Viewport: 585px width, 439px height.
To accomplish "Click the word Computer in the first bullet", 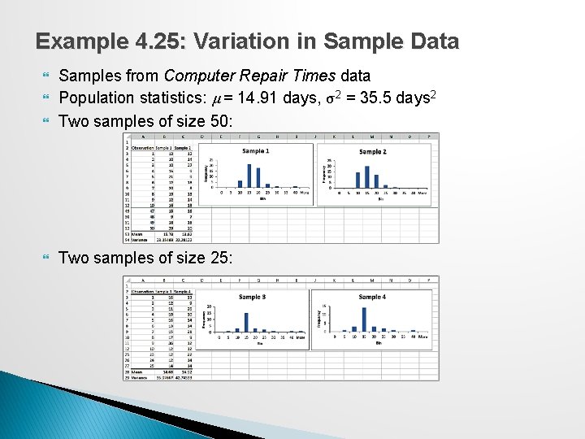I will pos(200,76).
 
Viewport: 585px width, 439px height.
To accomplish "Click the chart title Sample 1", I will pos(255,151).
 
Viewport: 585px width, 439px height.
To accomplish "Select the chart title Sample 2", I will pos(372,152).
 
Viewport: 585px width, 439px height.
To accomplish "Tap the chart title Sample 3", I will pos(252,298).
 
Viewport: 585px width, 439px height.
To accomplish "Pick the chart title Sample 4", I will pos(372,298).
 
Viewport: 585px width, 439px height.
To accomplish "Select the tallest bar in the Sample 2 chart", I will pos(366,176).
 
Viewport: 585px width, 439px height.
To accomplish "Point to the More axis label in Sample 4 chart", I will pos(422,337).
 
